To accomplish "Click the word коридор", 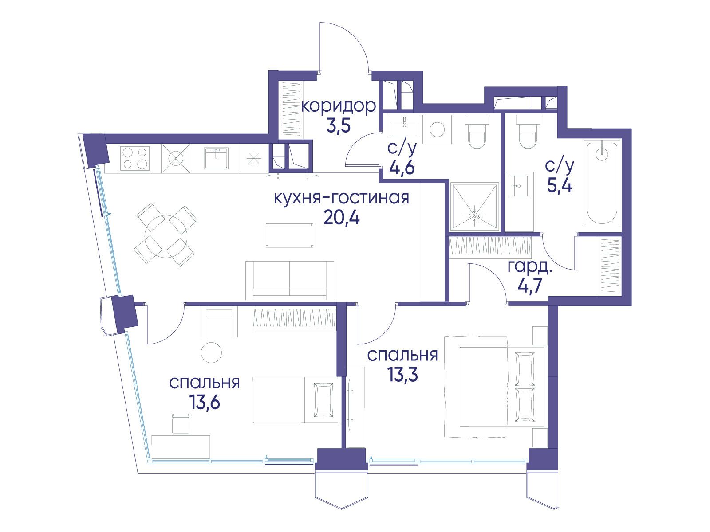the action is click(x=339, y=106).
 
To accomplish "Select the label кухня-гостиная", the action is click(x=342, y=198).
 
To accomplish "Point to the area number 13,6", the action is click(x=205, y=403).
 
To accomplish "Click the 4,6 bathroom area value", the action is click(x=402, y=167).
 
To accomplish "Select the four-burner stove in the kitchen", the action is click(x=135, y=158).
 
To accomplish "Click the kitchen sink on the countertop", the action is click(x=216, y=158).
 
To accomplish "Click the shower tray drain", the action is click(x=474, y=216).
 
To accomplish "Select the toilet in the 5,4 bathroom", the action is click(x=528, y=132).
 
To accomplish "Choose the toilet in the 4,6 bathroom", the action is click(x=477, y=132).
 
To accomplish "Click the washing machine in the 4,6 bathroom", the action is click(x=437, y=129).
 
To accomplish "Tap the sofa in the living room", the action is click(x=289, y=280).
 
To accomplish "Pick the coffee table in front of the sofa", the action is click(x=289, y=235).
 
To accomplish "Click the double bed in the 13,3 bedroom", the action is click(x=496, y=387).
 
